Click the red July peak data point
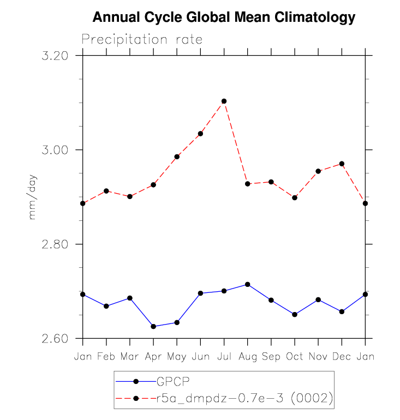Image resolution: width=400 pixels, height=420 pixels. click(x=224, y=101)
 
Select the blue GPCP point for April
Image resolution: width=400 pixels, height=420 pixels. click(x=153, y=326)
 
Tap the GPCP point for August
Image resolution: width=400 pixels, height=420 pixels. click(x=248, y=284)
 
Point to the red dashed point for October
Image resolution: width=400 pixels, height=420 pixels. click(x=295, y=197)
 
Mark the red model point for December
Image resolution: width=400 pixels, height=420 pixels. click(x=342, y=164)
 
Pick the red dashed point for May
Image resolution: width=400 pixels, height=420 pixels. click(x=177, y=157)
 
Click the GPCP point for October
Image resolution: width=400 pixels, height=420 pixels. click(x=295, y=314)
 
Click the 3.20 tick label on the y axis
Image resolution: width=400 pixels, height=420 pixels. click(x=55, y=56)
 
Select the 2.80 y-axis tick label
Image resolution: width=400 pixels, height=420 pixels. click(x=55, y=244)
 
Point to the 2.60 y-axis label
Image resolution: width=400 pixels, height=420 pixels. click(x=55, y=338)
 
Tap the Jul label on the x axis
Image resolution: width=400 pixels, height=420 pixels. click(x=224, y=356)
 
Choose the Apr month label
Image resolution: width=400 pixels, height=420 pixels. click(x=153, y=356)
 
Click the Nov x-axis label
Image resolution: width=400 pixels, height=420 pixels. click(x=318, y=356)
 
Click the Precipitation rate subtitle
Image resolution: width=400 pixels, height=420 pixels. click(x=142, y=40)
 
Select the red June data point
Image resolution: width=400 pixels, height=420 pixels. click(x=200, y=134)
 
